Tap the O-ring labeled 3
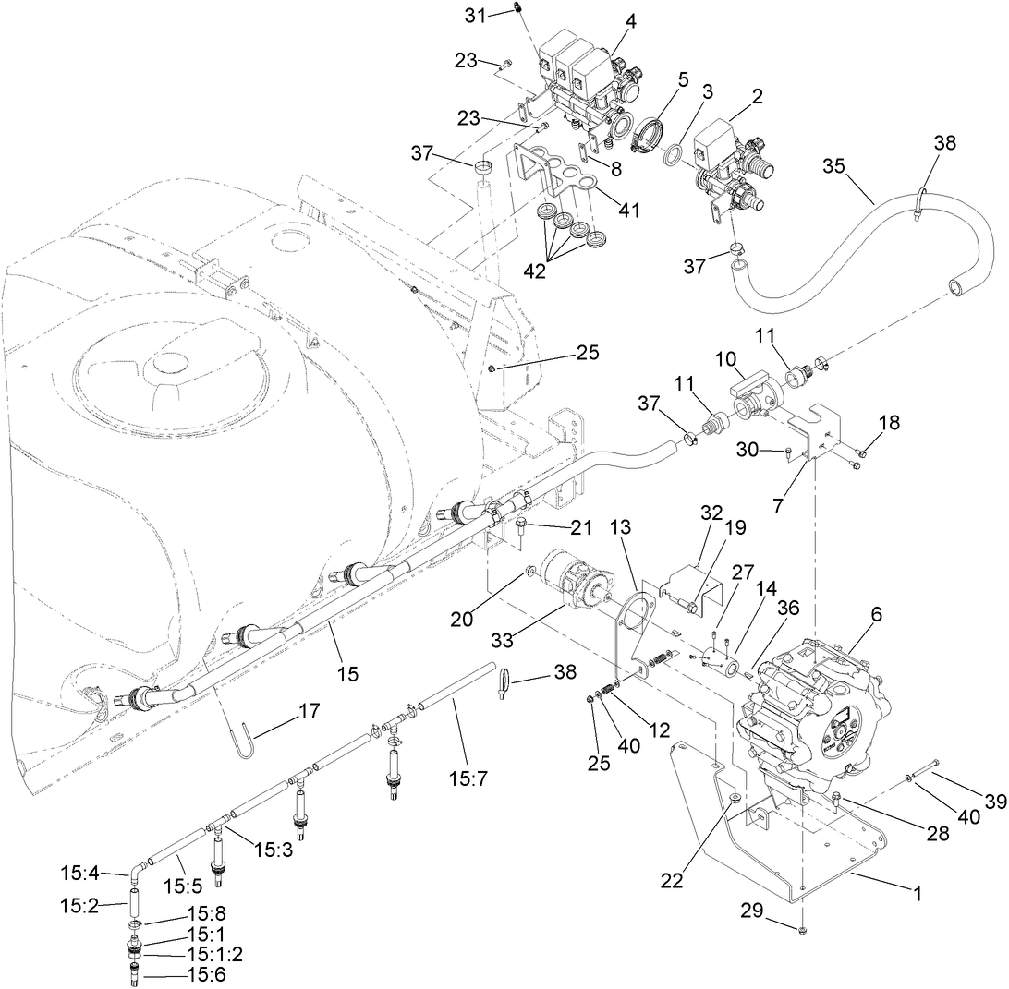(x=675, y=152)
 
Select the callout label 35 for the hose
(x=834, y=166)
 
